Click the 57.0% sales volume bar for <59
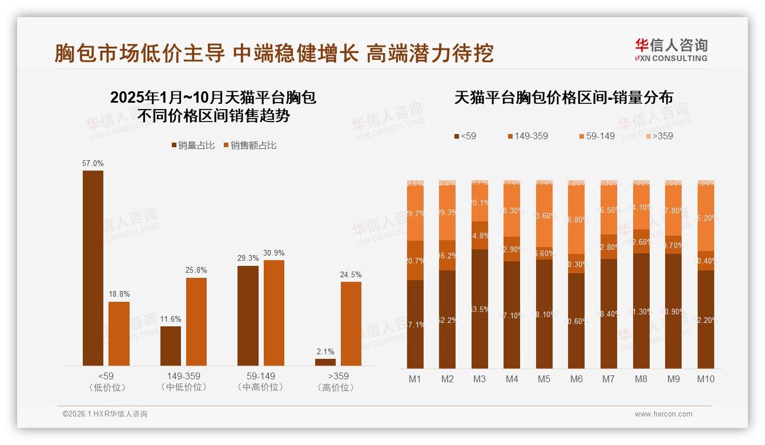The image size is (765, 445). [x=93, y=268]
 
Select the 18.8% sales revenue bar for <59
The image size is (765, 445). [x=119, y=334]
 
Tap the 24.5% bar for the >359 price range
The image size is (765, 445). [x=351, y=323]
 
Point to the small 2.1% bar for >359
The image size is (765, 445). [x=325, y=362]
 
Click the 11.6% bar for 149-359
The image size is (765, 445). [x=171, y=346]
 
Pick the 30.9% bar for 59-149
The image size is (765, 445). [x=274, y=313]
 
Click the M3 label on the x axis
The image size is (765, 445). [x=480, y=379]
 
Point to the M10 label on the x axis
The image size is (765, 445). [x=706, y=379]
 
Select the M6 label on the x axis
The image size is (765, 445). [x=577, y=379]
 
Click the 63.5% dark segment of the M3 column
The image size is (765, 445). [x=480, y=309]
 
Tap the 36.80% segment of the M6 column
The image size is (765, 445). [x=577, y=220]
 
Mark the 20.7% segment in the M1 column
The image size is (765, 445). [x=415, y=260]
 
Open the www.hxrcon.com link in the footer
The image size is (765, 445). [x=663, y=414]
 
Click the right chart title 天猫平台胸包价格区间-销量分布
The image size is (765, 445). [x=563, y=98]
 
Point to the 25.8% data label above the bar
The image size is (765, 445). [x=196, y=270]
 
